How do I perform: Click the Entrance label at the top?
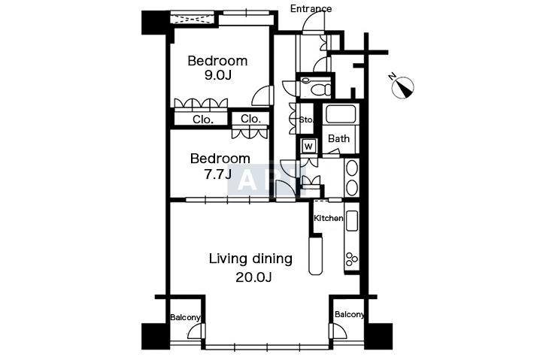tap(311, 8)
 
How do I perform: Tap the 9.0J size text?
tap(217, 75)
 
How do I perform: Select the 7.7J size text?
tap(217, 174)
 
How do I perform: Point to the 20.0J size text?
tap(253, 277)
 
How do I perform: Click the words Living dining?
tap(250, 259)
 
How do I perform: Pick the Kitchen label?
tap(329, 218)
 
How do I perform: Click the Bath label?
tap(339, 138)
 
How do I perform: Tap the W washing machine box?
tap(308, 147)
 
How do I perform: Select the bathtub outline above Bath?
tap(341, 114)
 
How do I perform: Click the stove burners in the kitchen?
tap(351, 259)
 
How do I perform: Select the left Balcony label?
tap(185, 317)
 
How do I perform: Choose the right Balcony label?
tap(350, 314)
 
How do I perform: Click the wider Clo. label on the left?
tap(203, 119)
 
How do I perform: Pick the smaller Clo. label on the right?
tap(250, 119)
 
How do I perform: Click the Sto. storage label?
tap(306, 119)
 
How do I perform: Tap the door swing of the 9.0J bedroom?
tap(262, 95)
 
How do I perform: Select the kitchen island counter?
tap(315, 256)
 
